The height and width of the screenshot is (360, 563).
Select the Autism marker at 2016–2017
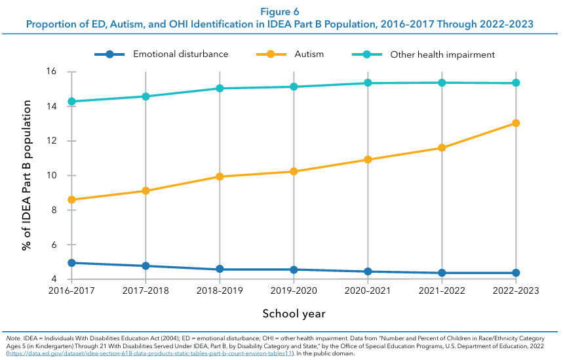tap(71, 200)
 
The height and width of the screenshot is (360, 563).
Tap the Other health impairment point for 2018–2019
tap(220, 89)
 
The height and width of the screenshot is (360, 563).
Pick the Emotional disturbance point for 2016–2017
tap(71, 263)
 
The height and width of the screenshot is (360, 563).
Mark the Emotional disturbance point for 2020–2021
tap(368, 271)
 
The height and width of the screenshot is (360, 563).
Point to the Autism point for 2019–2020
tap(294, 172)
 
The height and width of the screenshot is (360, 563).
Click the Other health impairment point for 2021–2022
tap(442, 83)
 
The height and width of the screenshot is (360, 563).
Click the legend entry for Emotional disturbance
tap(180, 54)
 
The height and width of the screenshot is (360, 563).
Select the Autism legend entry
tap(309, 54)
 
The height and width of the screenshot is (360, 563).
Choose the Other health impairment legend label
tap(442, 54)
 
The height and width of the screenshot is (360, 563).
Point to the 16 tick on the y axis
tap(51, 71)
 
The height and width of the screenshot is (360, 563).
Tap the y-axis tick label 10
tap(51, 176)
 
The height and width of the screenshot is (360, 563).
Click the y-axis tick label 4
tap(54, 279)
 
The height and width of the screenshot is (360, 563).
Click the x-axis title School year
tap(294, 314)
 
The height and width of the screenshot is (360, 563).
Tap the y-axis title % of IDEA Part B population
tap(27, 175)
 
